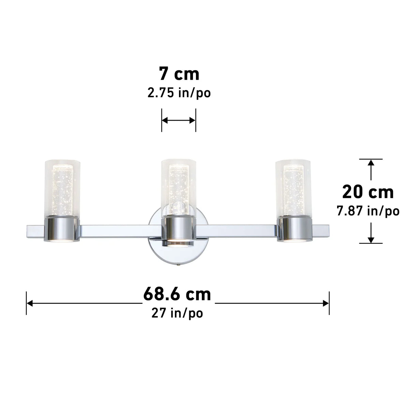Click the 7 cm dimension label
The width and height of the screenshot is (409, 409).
tap(179, 74)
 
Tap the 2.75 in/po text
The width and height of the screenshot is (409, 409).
tap(179, 93)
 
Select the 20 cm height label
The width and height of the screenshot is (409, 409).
tap(368, 192)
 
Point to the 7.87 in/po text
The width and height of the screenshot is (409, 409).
tap(368, 211)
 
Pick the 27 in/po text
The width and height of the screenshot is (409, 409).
tap(177, 313)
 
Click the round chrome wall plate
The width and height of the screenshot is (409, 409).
tap(155, 245)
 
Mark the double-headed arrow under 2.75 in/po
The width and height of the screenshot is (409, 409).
tap(179, 120)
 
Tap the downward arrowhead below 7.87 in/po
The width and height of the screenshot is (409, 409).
tap(371, 239)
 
